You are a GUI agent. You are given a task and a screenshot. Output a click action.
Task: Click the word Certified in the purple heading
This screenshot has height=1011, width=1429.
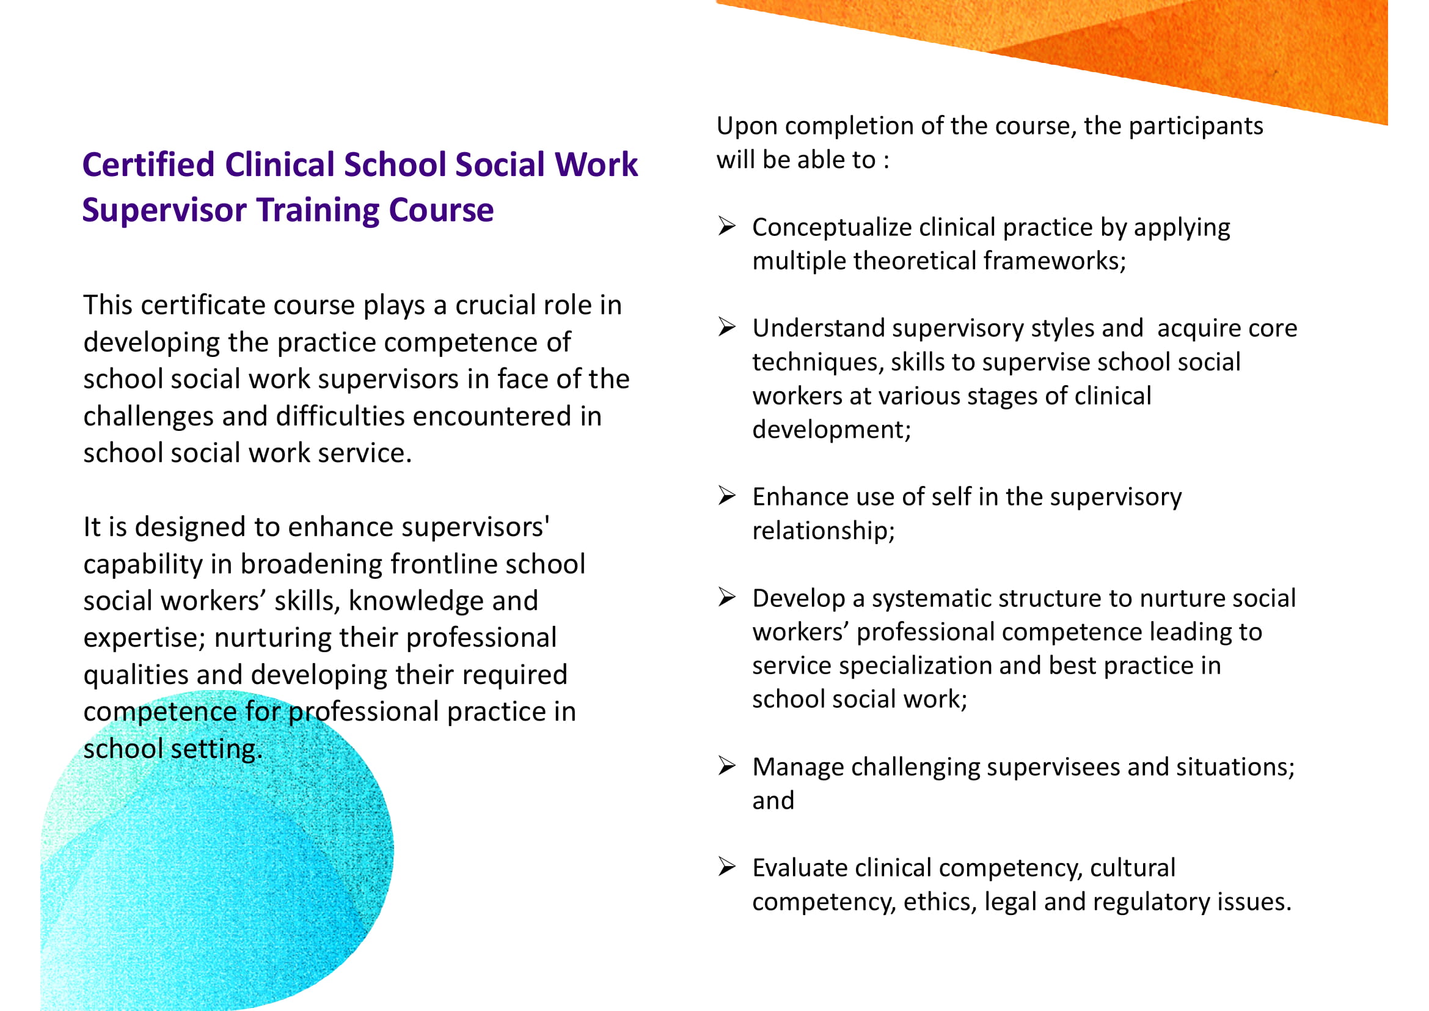tap(148, 165)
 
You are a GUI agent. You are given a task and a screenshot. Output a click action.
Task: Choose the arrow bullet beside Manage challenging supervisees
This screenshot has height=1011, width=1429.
tap(727, 765)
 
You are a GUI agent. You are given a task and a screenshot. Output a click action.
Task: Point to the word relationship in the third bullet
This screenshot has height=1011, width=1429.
tap(824, 532)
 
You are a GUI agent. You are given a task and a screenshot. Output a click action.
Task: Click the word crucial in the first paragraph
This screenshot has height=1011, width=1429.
tap(495, 306)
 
